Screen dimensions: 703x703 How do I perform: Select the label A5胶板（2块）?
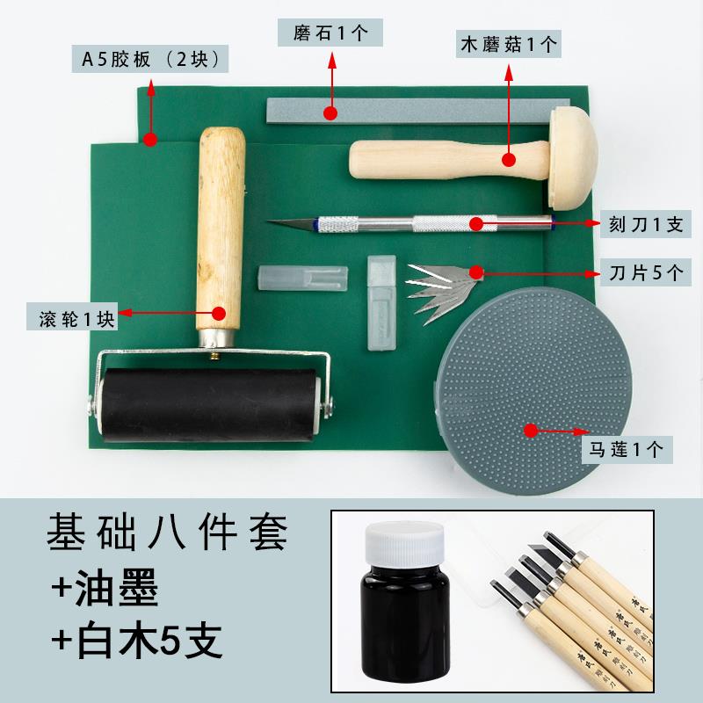click(150, 61)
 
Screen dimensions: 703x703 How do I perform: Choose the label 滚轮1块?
click(77, 318)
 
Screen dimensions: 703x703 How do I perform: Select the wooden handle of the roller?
click(220, 228)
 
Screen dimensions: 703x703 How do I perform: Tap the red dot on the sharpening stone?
click(330, 112)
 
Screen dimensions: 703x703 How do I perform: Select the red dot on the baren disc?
click(530, 430)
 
